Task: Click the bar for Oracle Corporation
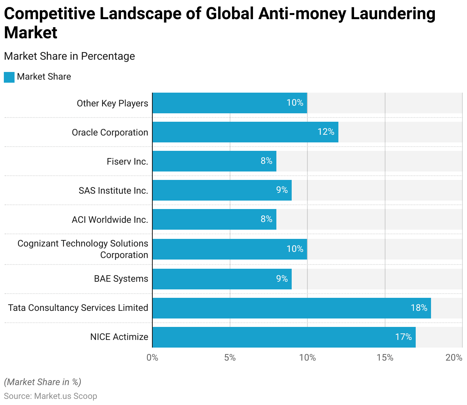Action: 245,132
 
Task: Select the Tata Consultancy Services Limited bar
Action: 291,308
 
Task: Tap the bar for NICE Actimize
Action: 283,337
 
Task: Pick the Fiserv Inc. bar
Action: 214,161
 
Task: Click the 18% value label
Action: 419,308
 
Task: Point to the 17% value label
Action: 403,337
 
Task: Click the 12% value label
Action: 326,132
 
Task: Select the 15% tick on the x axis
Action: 385,358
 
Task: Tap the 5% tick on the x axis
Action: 230,358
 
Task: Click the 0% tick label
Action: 152,358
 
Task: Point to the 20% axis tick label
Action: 454,358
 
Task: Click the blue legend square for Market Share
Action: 9,77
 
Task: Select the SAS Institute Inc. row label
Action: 113,191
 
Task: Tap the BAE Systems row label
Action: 121,279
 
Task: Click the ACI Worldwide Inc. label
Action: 110,220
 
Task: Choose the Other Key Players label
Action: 112,103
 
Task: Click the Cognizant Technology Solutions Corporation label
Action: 83,249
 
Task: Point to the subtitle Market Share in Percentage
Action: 69,56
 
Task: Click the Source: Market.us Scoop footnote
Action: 51,396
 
